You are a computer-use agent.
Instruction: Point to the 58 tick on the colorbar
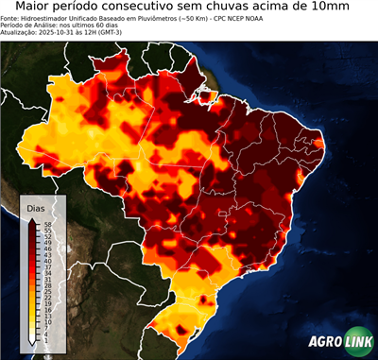click(46, 224)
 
